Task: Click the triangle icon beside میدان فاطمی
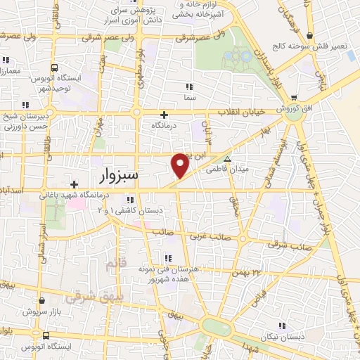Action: click(226, 158)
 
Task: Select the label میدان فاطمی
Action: click(224, 169)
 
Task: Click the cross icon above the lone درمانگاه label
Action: click(165, 115)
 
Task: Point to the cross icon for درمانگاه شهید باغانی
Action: click(74, 184)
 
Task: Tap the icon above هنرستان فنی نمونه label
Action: click(169, 257)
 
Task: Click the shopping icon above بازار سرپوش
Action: click(42, 301)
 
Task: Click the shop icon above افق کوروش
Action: click(293, 98)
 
